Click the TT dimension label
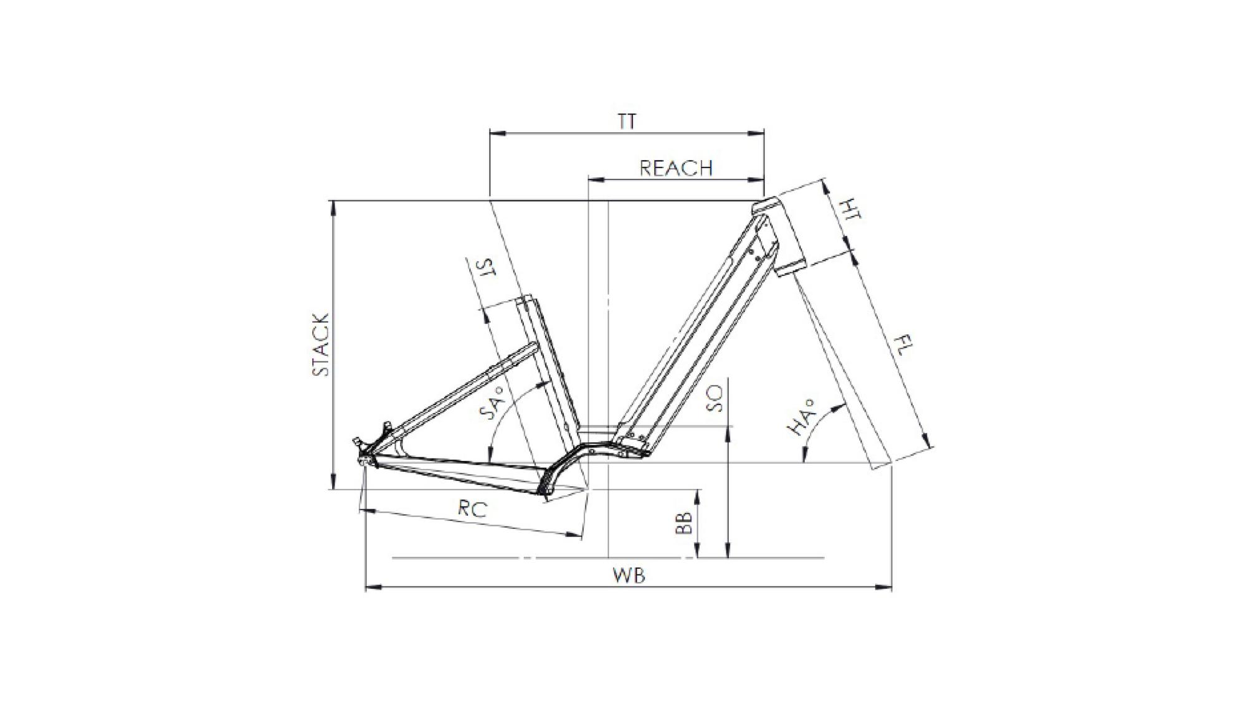(627, 122)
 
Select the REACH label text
(676, 168)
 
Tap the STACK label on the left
(320, 345)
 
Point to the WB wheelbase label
(629, 576)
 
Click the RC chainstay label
(472, 508)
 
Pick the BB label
(684, 523)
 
